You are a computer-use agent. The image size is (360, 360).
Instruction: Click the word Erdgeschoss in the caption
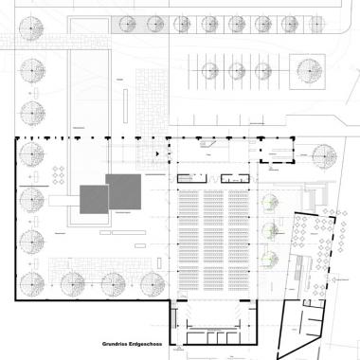[x=141, y=344]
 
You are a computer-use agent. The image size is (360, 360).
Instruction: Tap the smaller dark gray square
[x=94, y=201]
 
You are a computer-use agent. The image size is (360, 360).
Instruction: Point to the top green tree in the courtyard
[x=271, y=201]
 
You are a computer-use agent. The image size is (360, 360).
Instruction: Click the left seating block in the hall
[x=189, y=241]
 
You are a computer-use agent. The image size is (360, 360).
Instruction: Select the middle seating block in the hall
[x=214, y=241]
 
